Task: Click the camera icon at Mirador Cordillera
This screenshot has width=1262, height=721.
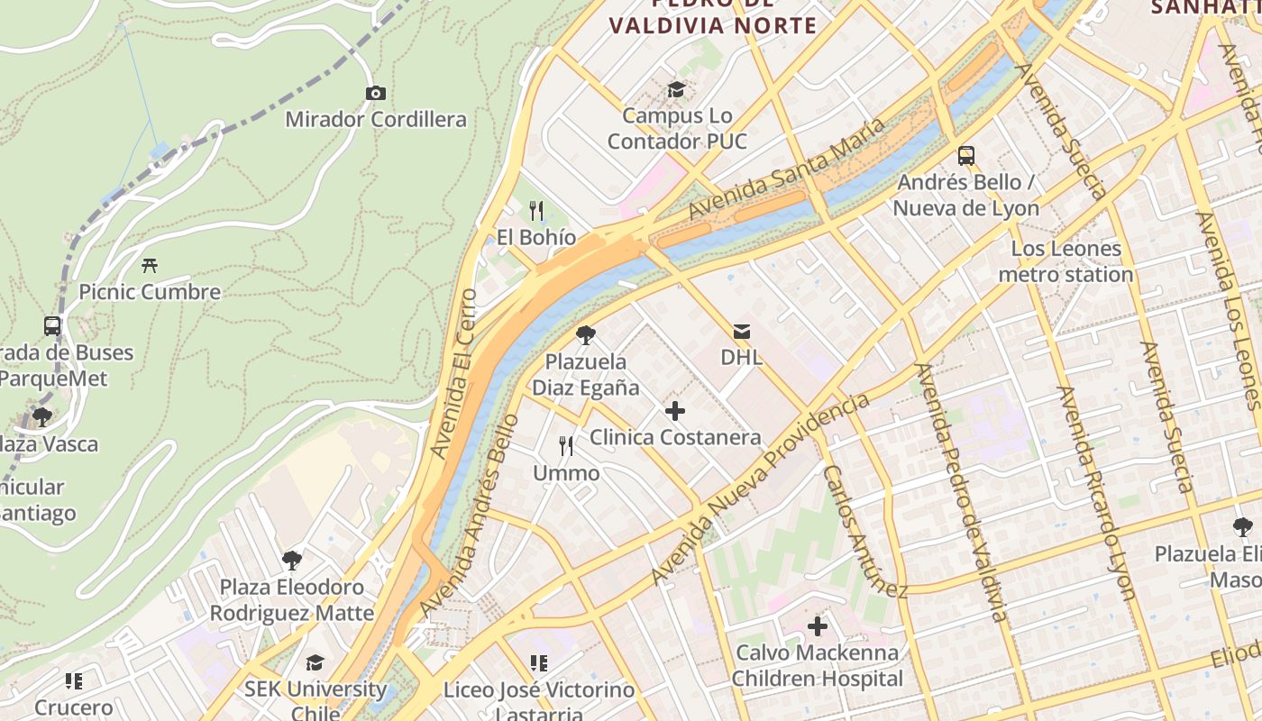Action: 376,93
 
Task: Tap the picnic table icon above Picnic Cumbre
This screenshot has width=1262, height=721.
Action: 150,265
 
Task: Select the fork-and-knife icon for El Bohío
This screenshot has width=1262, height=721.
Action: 536,211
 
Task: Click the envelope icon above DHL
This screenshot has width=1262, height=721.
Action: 741,332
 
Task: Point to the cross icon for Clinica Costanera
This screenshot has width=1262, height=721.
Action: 674,412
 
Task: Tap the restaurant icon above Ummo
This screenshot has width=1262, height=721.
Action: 566,446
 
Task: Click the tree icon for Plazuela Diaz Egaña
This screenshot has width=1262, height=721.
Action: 585,335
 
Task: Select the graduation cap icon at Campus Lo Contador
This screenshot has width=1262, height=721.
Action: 676,89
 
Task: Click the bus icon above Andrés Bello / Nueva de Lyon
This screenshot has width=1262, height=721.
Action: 966,156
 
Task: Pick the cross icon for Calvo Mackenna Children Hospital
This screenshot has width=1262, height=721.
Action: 817,626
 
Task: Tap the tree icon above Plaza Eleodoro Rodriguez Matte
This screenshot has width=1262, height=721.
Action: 291,561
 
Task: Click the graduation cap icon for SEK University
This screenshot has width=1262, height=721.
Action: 315,663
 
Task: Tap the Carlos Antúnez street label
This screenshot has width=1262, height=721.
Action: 864,532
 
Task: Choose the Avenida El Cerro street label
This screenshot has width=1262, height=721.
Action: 454,371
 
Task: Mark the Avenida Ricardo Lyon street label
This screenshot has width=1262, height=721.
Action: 1095,493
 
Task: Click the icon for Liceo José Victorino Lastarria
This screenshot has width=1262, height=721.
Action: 539,664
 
